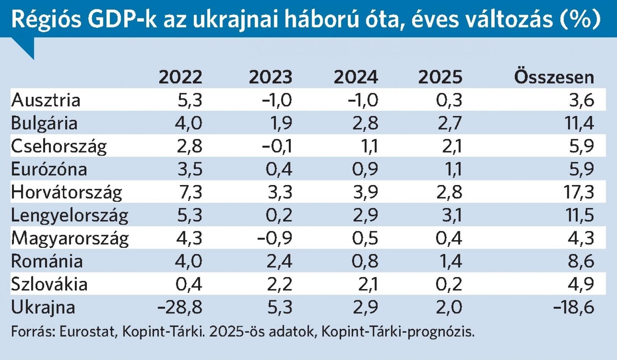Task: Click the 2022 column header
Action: click(x=180, y=77)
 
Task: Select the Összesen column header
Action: click(x=554, y=77)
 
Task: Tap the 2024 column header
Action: click(x=356, y=77)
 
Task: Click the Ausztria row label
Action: click(x=46, y=100)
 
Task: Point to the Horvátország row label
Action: click(x=66, y=192)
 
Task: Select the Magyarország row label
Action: click(x=70, y=238)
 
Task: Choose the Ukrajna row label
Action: click(x=43, y=307)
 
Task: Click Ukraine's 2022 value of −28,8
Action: click(x=180, y=307)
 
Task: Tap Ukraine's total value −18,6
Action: click(x=573, y=307)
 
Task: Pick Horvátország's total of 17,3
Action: click(x=578, y=192)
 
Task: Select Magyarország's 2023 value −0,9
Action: click(x=275, y=238)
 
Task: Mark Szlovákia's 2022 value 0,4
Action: click(x=189, y=284)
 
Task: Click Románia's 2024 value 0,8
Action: click(x=365, y=261)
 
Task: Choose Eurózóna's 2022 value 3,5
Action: click(x=190, y=169)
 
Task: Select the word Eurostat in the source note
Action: click(x=88, y=331)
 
